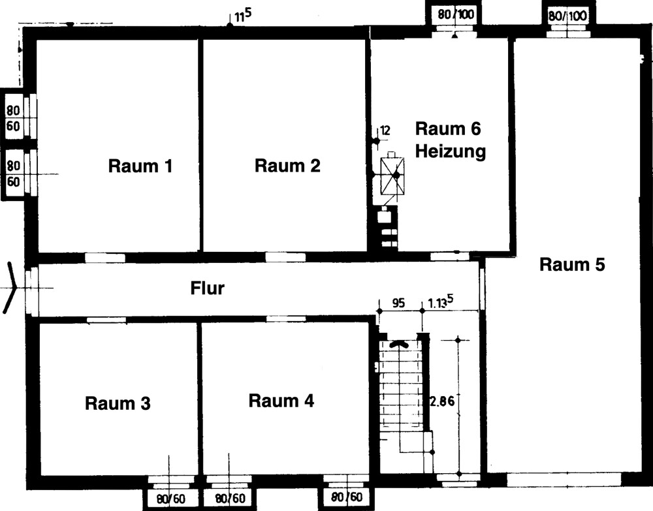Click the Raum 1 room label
140,166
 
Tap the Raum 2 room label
287,166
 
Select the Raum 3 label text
118,403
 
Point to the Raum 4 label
281,400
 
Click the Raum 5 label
572,264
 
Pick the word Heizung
451,151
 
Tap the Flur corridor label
207,288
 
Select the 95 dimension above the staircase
398,303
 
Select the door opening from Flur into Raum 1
105,258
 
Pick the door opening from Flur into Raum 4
285,318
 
